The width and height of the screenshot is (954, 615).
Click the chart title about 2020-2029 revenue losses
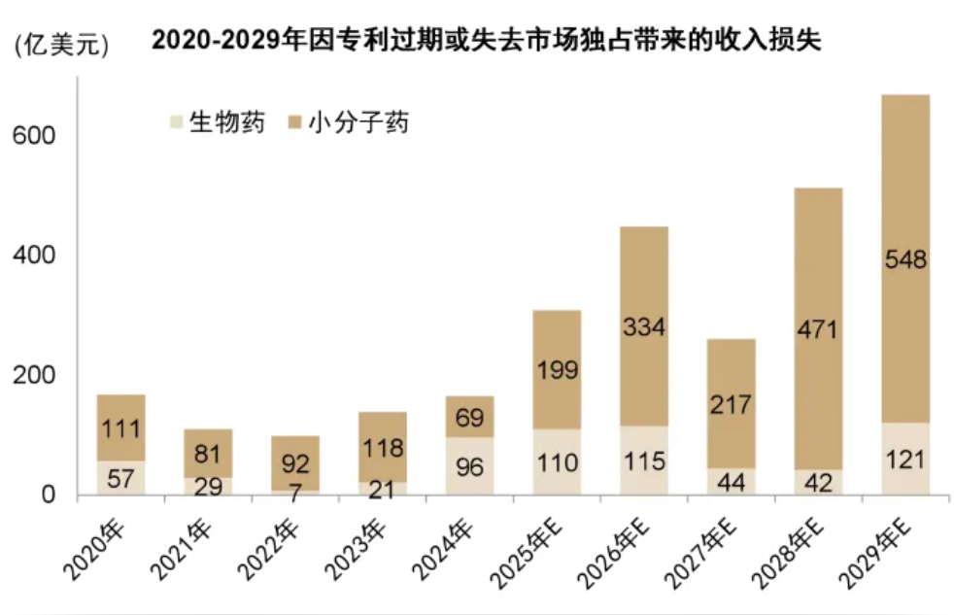pos(486,40)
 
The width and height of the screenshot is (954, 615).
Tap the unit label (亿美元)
pos(61,45)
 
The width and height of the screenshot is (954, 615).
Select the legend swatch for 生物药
pos(177,122)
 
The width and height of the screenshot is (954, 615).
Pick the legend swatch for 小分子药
pos(295,122)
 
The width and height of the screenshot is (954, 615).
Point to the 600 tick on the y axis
pos(33,135)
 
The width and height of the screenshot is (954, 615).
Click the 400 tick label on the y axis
pos(33,255)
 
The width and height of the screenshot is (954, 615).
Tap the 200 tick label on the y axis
pos(33,375)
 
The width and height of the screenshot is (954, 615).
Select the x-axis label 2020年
pos(94,551)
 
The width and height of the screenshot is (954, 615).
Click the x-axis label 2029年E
pos(875,554)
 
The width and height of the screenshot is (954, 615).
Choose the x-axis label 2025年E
pos(527,554)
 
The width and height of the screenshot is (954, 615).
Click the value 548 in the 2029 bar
pos(905,259)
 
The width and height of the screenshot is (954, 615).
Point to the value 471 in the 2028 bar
pos(818,329)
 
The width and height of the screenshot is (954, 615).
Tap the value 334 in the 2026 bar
pos(644,327)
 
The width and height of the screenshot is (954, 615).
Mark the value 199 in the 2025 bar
pos(557,370)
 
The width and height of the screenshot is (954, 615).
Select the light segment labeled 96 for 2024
pos(469,466)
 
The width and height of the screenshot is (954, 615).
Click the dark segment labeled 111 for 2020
pos(121,427)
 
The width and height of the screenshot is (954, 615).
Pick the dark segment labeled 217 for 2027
pos(731,403)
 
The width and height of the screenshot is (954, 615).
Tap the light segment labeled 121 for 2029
pos(905,459)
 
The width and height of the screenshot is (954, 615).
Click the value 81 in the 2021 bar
pos(208,454)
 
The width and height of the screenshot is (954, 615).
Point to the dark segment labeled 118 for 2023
pos(383,447)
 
